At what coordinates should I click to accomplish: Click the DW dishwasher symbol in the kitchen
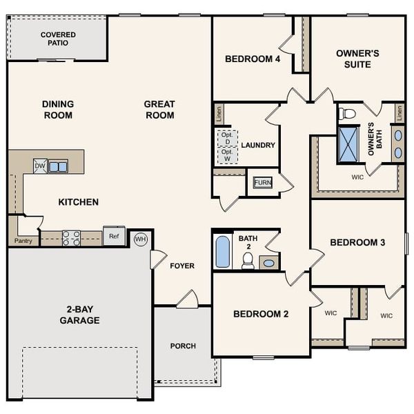pos(40,166)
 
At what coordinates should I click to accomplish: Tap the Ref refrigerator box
pos(114,236)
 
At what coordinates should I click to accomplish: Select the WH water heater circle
pos(141,239)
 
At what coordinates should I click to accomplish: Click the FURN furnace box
pos(262,182)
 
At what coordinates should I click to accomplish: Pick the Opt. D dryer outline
pos(228,138)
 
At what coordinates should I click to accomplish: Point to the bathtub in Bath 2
pos(222,252)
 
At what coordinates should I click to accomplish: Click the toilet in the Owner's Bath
pos(348,114)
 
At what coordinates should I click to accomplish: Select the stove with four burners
pos(71,238)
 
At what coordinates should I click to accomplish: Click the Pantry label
pos(23,241)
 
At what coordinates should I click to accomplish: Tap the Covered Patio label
pos(58,39)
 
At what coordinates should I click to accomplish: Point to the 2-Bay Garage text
pos(79,315)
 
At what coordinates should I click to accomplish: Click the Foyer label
pos(182,266)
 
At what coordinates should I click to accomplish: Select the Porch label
pos(183,346)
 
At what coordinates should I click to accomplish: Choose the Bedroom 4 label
pos(253,59)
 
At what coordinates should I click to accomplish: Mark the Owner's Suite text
pos(353,59)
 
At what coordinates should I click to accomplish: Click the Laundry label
pos(258,146)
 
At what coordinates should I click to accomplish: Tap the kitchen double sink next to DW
pos(58,166)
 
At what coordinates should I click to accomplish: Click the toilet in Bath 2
pos(248,260)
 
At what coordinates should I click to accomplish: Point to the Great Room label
pos(159,110)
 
